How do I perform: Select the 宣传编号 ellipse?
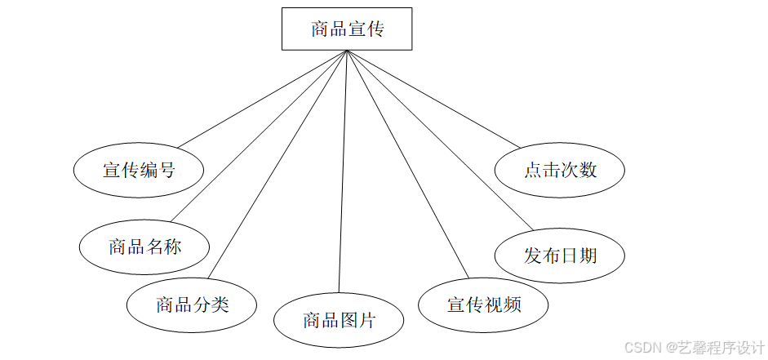coord(139,171)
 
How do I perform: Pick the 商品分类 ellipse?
coord(192,305)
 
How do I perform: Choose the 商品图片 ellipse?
coord(339,320)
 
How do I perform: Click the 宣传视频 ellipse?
coord(483,305)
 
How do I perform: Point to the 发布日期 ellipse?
coord(560,256)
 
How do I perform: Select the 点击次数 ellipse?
coord(560,170)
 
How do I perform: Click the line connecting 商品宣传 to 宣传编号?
coord(261,100)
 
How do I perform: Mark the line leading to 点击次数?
coord(433,99)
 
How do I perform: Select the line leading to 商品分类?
coord(277,163)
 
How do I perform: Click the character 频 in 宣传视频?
coord(512,305)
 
